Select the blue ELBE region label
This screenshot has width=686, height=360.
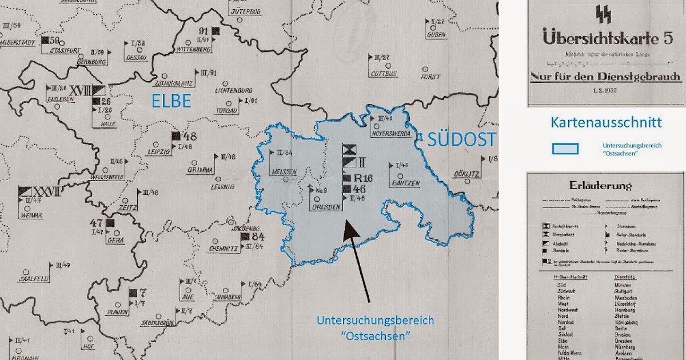click(x=171, y=101)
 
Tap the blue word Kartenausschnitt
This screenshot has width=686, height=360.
click(x=606, y=122)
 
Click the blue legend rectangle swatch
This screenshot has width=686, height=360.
click(x=565, y=149)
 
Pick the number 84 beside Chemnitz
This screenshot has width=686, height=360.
click(x=258, y=236)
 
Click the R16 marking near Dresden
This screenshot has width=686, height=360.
click(x=364, y=178)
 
